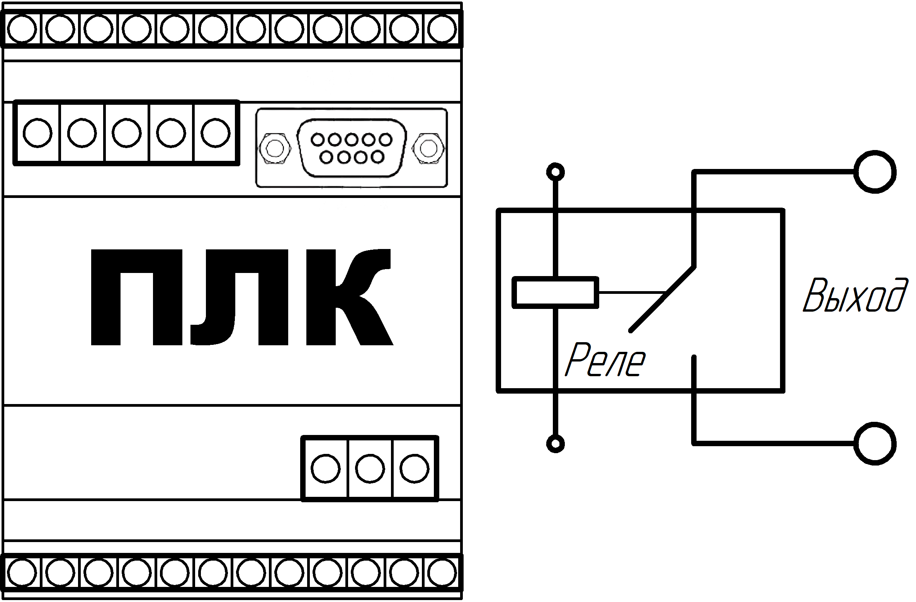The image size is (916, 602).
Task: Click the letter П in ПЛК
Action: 134,297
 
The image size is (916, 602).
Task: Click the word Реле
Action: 605,360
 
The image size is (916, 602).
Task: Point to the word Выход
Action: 855,295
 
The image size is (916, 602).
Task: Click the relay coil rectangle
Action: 556,292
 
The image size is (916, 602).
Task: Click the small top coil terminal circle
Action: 556,172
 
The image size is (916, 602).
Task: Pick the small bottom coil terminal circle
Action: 556,444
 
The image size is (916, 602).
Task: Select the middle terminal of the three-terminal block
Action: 370,469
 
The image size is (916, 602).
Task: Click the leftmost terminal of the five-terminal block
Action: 37,133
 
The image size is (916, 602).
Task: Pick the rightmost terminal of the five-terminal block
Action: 216,133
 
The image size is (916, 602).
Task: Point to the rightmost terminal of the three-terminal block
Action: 415,469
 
